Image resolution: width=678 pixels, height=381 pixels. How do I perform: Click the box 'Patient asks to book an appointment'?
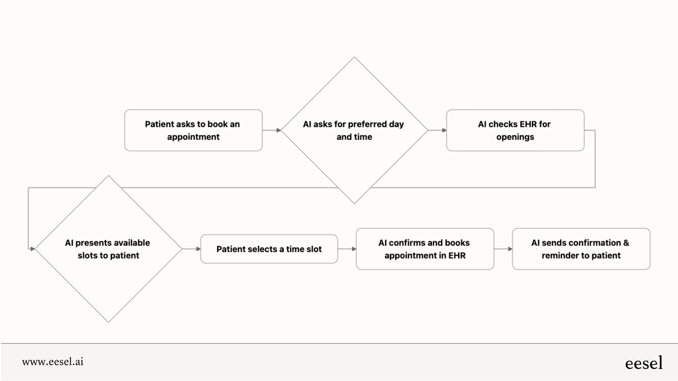(193, 130)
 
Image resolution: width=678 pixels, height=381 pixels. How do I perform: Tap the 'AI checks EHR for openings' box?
(515, 130)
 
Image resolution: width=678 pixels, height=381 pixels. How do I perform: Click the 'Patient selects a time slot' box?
(269, 249)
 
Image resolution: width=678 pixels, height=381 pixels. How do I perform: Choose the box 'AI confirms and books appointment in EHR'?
(425, 249)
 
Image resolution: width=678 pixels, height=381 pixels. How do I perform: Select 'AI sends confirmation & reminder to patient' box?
(581, 249)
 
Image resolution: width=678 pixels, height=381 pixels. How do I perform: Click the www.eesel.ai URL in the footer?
(53, 362)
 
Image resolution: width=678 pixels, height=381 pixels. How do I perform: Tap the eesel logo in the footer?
(644, 363)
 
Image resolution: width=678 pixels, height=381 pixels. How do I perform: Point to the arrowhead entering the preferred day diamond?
(278, 130)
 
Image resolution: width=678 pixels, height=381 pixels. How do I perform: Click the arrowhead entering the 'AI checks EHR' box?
(444, 130)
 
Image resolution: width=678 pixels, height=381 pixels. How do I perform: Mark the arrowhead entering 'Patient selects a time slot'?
(198, 249)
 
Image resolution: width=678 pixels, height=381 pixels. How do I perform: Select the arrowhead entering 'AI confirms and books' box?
(354, 249)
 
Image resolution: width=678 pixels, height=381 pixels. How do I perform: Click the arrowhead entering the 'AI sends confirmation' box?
(510, 249)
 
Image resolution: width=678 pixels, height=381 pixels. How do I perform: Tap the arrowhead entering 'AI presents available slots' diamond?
(33, 249)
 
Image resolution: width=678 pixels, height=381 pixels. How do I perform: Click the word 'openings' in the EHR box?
(515, 137)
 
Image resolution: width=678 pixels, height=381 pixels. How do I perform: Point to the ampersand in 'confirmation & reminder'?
(626, 243)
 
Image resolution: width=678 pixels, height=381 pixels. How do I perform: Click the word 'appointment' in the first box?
(193, 137)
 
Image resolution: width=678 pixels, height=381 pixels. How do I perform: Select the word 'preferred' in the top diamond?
(367, 124)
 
